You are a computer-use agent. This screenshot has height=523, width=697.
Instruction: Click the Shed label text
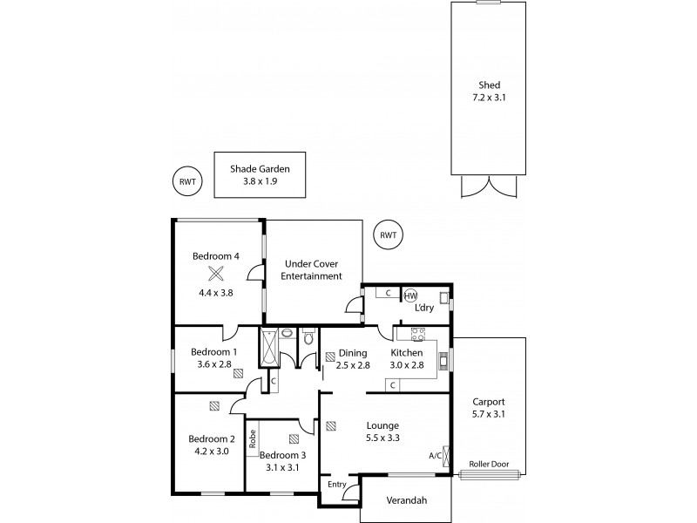(x=489, y=85)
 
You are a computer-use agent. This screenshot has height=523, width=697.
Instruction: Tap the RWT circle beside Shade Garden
(x=186, y=181)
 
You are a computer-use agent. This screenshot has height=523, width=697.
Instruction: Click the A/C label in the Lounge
(x=435, y=456)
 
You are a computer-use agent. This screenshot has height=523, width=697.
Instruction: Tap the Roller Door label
(x=489, y=464)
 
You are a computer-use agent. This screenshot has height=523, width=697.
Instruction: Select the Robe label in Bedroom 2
(x=251, y=438)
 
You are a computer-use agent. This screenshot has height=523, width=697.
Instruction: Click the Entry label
(x=336, y=484)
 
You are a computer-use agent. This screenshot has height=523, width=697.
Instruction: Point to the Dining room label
(x=352, y=352)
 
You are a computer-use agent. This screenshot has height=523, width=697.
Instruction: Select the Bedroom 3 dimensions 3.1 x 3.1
(x=282, y=467)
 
